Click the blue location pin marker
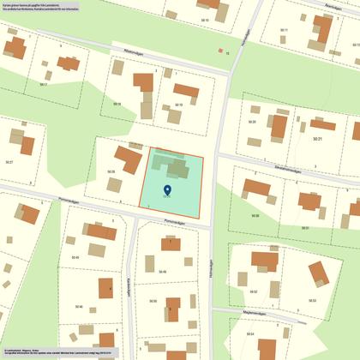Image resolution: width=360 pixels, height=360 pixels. pos(167,190)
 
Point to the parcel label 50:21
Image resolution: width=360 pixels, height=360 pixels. pos(318,138)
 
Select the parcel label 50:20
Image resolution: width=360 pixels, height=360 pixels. pos(252,122)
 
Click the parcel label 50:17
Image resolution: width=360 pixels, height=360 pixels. pos(44,84)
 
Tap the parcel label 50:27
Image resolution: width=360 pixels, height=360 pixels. pos(9,161)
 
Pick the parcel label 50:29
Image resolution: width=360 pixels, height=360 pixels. pos(111,171)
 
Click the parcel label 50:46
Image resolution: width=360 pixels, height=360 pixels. pos(79,306)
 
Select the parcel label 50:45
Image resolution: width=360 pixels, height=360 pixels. pos(75,257)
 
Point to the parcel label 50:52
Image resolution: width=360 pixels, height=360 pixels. pos(254,291)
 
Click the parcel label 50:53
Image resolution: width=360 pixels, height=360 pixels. pos(313,300)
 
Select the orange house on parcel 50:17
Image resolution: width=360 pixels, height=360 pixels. pos(66,63)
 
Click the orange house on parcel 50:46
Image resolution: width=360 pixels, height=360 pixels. pos(105,287)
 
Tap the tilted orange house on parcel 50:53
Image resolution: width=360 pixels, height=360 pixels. pos(318,273)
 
